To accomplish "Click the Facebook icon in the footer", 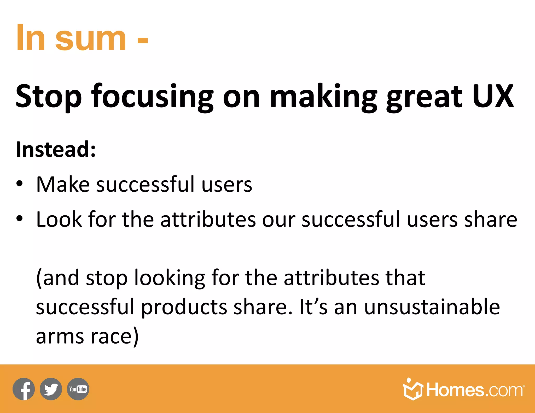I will point(24,389).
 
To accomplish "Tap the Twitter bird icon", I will point(51,389).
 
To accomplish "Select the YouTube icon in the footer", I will point(78,389).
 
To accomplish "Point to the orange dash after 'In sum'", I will point(143,40).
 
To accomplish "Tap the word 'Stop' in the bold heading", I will point(49,97).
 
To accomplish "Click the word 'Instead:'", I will point(56,149).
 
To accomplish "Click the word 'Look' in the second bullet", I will point(59,219).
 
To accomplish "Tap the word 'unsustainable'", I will point(432,307).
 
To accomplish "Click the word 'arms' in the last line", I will point(60,337).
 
